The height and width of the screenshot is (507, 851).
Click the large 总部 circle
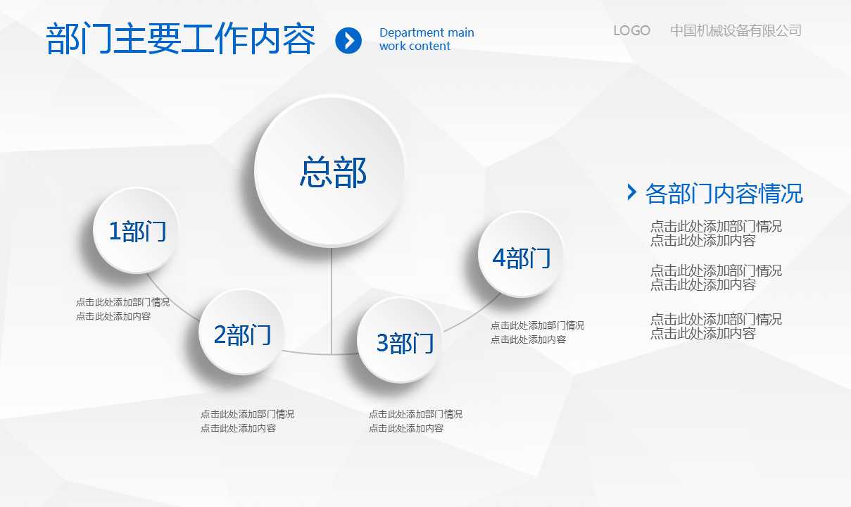coord(330,171)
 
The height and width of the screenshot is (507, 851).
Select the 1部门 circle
coord(137,230)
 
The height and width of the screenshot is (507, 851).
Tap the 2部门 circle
coord(242,333)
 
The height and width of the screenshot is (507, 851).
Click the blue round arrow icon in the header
coord(348,40)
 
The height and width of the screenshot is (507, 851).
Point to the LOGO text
coord(631,30)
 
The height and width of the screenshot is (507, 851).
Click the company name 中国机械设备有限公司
coord(736,30)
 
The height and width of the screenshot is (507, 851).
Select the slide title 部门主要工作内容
coord(181,39)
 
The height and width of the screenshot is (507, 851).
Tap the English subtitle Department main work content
coord(427,39)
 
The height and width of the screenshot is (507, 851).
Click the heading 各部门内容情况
coord(724,193)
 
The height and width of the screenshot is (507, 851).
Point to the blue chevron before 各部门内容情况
coord(631,192)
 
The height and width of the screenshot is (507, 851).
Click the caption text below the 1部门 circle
coord(122,309)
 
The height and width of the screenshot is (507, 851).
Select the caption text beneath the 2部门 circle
coord(247,421)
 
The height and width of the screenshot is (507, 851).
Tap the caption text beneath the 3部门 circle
coord(415,421)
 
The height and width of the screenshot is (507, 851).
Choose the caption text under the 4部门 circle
coord(537,332)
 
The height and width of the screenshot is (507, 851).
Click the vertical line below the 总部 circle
coord(332,296)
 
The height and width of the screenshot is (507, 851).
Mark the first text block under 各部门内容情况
coord(715,233)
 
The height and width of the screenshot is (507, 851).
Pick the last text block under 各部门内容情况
coord(715,326)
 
